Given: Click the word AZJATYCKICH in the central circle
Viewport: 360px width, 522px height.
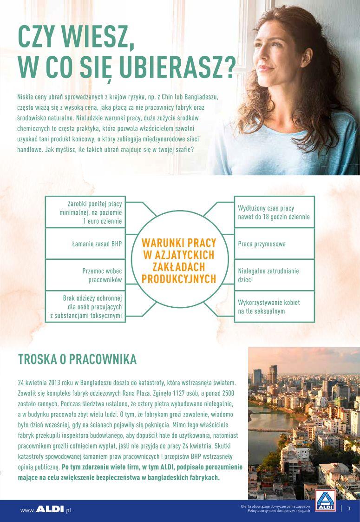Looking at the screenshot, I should pos(178,255).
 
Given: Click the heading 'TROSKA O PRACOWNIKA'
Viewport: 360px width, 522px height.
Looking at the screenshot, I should pos(77,359).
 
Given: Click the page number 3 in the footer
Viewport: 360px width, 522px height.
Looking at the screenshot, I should pos(348,508).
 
